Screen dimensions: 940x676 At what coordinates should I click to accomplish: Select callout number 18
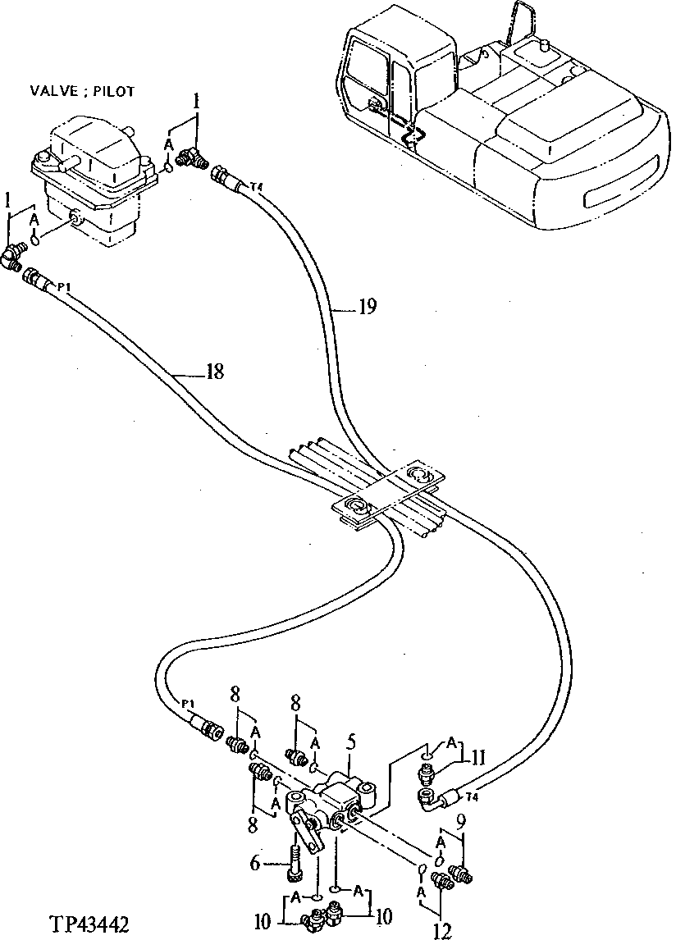pyautogui.click(x=214, y=372)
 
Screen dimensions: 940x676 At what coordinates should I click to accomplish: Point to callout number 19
pyautogui.click(x=367, y=308)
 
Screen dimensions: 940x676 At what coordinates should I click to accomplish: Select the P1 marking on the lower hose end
pyautogui.click(x=188, y=704)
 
